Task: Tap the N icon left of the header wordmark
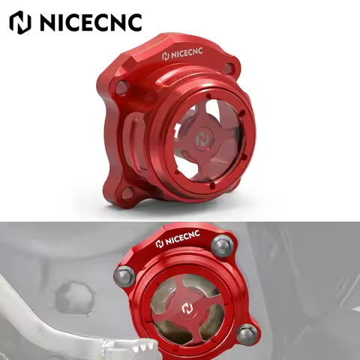19,22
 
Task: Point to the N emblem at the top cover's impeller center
204,140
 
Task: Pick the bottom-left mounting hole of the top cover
129,193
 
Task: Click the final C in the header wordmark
133,22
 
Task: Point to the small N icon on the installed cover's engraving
160,244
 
